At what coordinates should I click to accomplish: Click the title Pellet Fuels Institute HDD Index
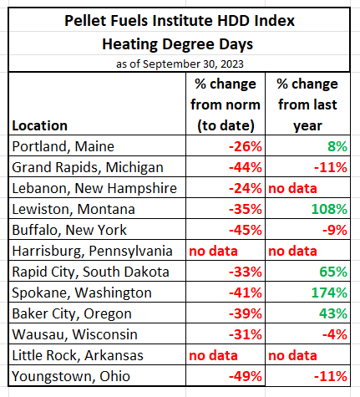pos(180,21)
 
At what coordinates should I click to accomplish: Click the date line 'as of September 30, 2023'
pos(180,64)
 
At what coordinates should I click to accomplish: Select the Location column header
pos(39,125)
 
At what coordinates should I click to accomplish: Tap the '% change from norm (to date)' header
pos(226,104)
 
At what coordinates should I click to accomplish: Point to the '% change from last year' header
pos(307,104)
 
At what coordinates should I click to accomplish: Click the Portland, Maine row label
pos(63,146)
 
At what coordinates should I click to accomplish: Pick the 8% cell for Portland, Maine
pos(337,146)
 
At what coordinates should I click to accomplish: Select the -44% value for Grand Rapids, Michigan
pos(246,167)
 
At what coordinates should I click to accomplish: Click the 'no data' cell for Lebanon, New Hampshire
pos(292,188)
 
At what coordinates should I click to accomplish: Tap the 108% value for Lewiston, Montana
pos(329,209)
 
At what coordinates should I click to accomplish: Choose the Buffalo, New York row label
pos(69,230)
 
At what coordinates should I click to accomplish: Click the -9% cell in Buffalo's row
pos(335,230)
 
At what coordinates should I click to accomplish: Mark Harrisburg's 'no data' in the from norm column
pos(213,251)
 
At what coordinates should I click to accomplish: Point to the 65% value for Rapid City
pos(333,272)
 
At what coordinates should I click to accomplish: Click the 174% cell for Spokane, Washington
pos(329,293)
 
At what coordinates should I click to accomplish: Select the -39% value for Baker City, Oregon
pos(246,313)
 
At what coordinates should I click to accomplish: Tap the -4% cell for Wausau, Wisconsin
pos(335,334)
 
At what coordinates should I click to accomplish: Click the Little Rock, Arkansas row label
pos(78,355)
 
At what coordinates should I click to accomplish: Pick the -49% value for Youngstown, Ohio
pos(246,376)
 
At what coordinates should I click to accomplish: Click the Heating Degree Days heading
pos(178,44)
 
